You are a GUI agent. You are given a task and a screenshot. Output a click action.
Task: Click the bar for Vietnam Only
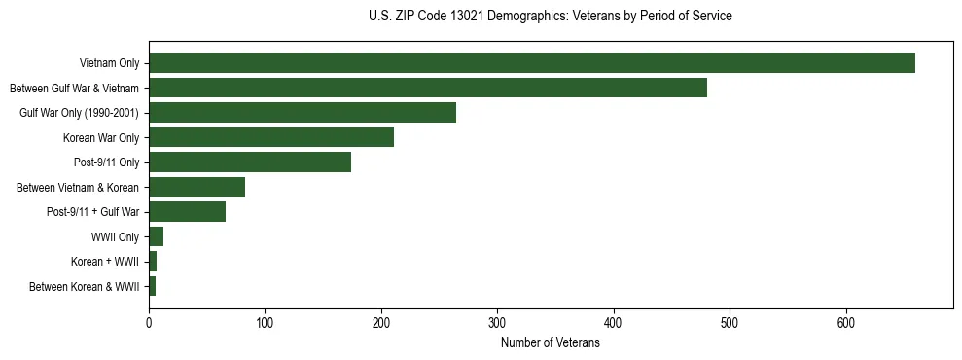click(x=531, y=63)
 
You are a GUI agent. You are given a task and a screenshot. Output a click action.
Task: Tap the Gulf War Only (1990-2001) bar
click(x=303, y=113)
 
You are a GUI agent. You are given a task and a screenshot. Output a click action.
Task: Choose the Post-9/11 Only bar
click(x=250, y=162)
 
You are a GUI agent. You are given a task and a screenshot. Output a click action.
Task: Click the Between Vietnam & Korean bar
click(x=196, y=187)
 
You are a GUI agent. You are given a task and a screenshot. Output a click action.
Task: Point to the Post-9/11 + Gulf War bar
click(x=187, y=212)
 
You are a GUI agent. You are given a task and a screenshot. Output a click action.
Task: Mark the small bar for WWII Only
click(x=156, y=236)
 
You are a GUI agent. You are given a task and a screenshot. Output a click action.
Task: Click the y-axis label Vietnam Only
click(x=109, y=63)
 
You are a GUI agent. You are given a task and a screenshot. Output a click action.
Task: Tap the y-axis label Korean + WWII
click(x=105, y=262)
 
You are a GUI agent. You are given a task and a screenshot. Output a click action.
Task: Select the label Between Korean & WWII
click(x=85, y=287)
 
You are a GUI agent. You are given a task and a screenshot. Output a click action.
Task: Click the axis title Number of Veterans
click(x=550, y=342)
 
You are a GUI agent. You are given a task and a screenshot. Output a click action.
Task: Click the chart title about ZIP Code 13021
click(x=550, y=16)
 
